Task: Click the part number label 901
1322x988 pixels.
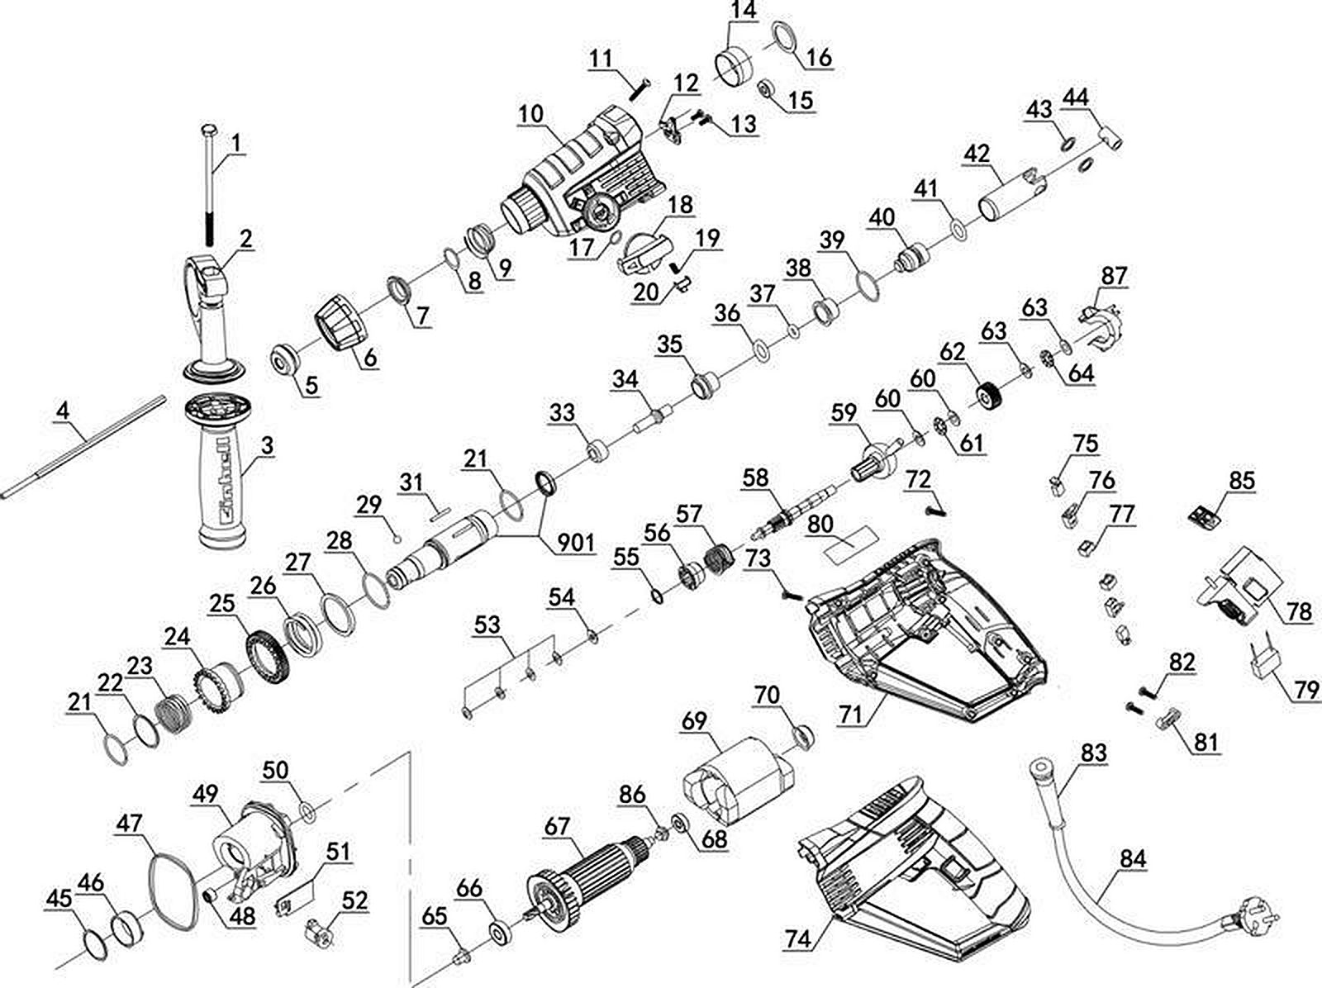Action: tap(577, 543)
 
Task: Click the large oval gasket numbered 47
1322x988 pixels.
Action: tap(172, 891)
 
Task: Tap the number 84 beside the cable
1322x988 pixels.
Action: tap(1134, 859)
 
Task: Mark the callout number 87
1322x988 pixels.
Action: tap(1114, 275)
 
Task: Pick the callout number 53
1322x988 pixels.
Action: tap(487, 624)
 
